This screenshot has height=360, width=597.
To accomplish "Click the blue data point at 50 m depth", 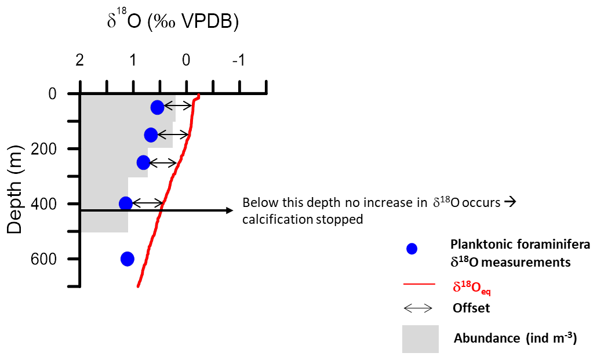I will (157, 107).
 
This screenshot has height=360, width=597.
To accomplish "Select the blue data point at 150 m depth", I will (151, 134).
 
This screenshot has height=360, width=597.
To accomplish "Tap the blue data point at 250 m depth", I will (143, 162).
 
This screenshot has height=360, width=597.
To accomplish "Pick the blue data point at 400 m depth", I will (126, 203).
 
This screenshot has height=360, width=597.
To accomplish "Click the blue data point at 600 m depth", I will (128, 259).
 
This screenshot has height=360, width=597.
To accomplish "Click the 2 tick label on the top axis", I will (80, 60).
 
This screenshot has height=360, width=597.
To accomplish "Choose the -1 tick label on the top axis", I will (238, 60).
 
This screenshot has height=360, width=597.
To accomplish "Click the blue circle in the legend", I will (412, 249).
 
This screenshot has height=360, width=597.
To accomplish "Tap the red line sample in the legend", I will (418, 285).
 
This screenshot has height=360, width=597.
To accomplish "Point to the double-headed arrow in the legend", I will (418, 308).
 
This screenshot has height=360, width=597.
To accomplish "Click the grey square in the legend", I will (420, 339).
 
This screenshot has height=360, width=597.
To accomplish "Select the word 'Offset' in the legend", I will (471, 308).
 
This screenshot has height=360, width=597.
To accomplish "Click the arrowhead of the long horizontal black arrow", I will (231, 210).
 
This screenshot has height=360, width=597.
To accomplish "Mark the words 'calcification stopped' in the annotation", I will (303, 220).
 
